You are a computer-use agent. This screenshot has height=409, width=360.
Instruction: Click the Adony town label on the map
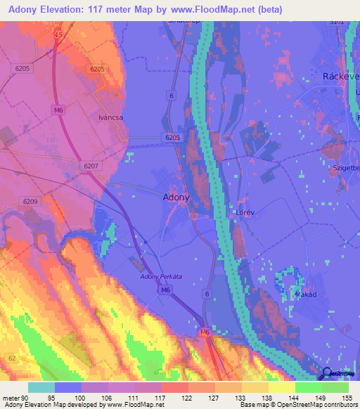pos(176,197)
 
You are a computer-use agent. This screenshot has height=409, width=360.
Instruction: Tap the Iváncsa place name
pos(110,118)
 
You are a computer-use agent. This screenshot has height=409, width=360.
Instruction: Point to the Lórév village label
pos(243,210)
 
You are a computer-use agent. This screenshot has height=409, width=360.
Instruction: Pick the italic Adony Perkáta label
pos(161,277)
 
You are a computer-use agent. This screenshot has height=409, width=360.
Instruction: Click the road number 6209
pos(30,202)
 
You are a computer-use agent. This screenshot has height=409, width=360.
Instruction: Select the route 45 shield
pos(58,34)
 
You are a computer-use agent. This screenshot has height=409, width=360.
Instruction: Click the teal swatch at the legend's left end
pos(41,387)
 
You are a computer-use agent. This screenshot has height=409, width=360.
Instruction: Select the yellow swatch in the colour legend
pos(282,387)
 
